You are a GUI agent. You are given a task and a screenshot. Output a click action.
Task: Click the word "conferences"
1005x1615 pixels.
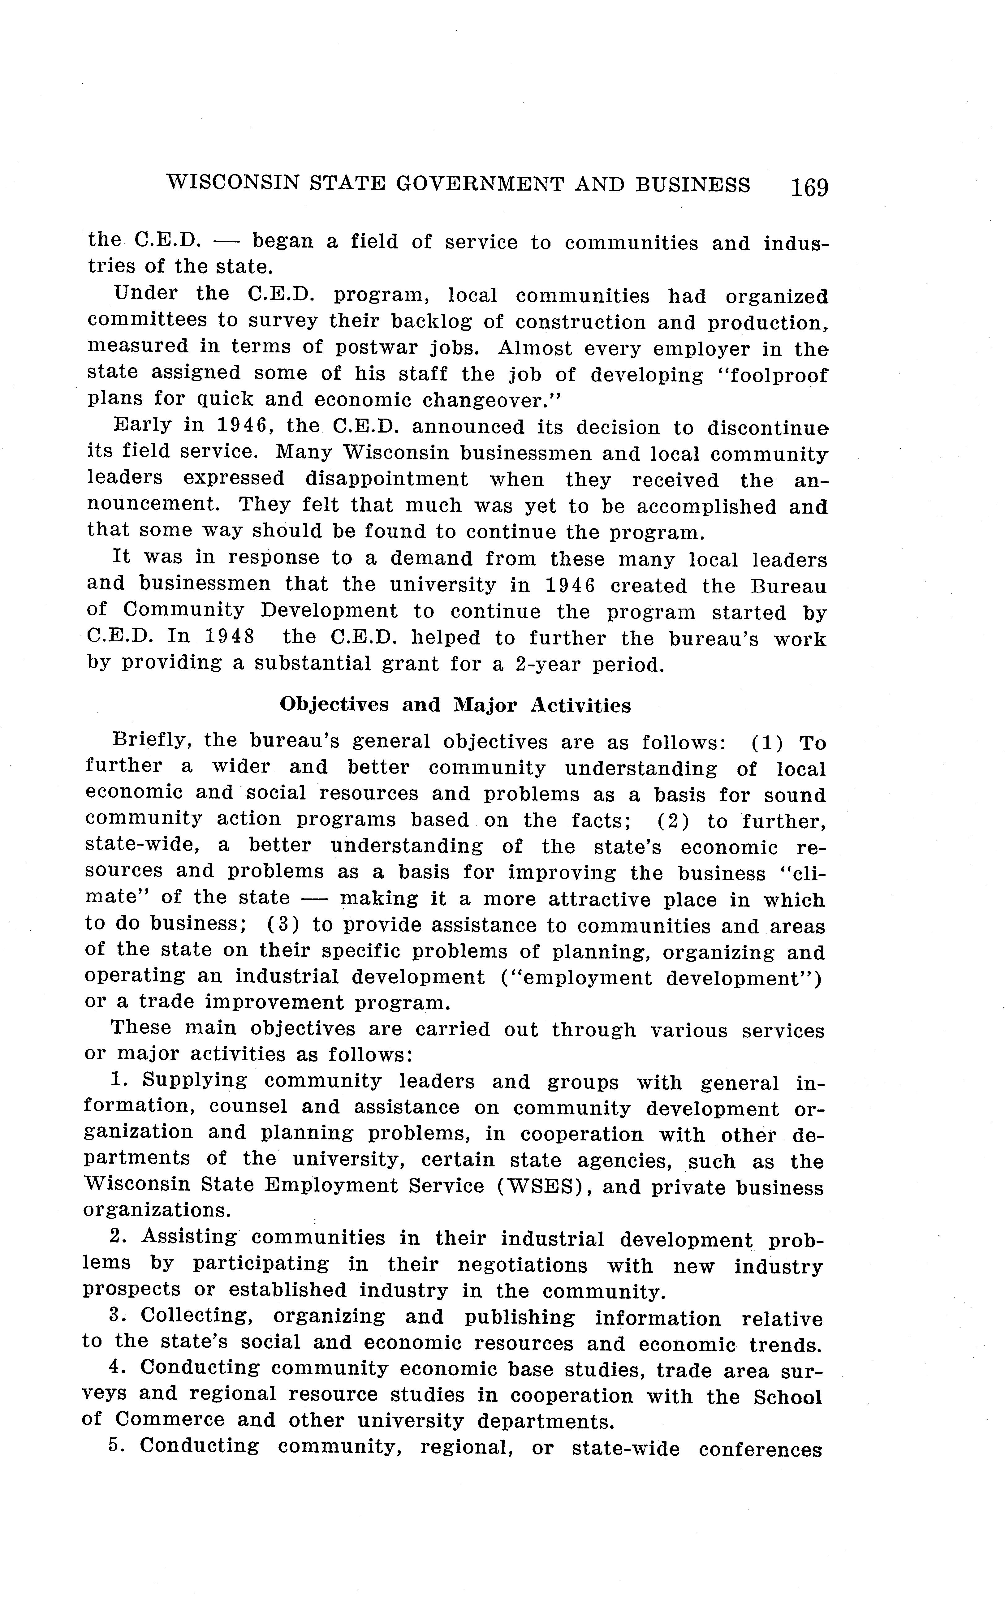coord(760,1447)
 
